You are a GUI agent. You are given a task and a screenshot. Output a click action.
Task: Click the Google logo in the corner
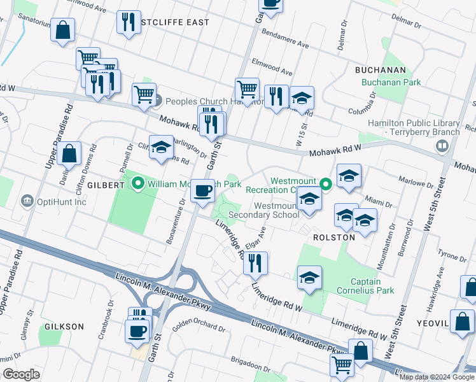pyautogui.click(x=22, y=374)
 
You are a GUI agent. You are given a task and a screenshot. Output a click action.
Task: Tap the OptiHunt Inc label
pyautogui.click(x=62, y=202)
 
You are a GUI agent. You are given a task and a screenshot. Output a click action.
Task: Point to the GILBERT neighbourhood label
pyautogui.click(x=106, y=185)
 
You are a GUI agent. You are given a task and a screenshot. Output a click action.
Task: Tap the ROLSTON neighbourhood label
pyautogui.click(x=333, y=237)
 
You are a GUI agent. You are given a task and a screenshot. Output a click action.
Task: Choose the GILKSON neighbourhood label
pyautogui.click(x=64, y=327)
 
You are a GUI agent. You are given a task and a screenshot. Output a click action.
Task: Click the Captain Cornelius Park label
pyautogui.click(x=373, y=286)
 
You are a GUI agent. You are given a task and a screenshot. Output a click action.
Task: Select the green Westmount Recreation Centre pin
pyautogui.click(x=326, y=185)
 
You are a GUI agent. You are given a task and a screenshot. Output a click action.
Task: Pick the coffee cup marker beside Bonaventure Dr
pyautogui.click(x=203, y=190)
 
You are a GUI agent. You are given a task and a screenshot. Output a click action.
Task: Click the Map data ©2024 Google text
pyautogui.click(x=436, y=376)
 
